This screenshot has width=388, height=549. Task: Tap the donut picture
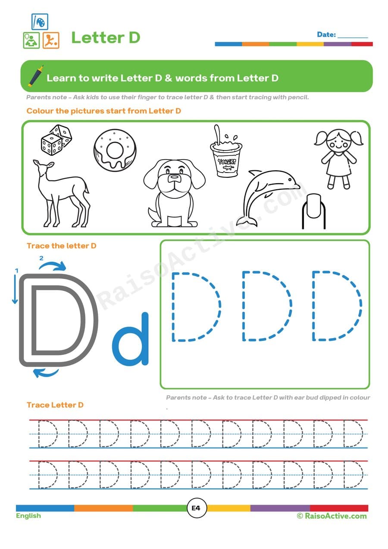coord(115,149)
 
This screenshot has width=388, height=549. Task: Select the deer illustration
coord(63,192)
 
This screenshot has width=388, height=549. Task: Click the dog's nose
coord(174,177)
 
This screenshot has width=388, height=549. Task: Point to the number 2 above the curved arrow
coord(41,258)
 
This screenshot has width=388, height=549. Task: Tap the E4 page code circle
coord(196,508)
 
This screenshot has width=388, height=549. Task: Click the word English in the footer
coord(28,516)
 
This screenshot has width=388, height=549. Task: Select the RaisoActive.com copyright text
coord(332,516)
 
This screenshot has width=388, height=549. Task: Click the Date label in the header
coord(326,35)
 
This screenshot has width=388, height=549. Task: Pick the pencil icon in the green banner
coord(36,76)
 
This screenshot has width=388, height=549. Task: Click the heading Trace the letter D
coord(62,246)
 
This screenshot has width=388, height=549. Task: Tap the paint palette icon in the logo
coord(40,22)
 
